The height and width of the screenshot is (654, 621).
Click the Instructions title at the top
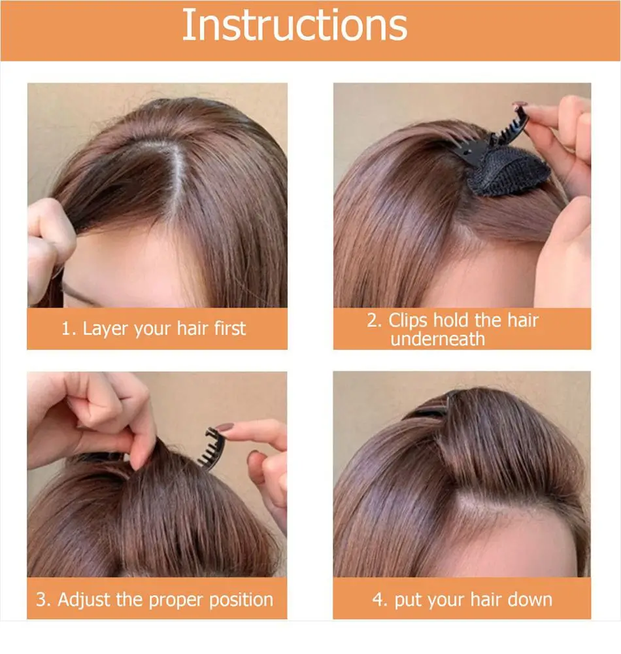point(295,25)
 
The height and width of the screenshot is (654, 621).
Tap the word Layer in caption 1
point(106,330)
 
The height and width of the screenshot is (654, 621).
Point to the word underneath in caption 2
point(437,339)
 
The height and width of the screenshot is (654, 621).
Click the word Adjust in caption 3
point(84,600)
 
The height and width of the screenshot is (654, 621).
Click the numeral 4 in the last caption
point(378,600)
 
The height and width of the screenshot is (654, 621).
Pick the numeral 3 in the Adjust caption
point(41,600)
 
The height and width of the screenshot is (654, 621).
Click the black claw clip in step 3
point(212,449)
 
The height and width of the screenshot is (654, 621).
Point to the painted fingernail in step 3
point(224,428)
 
